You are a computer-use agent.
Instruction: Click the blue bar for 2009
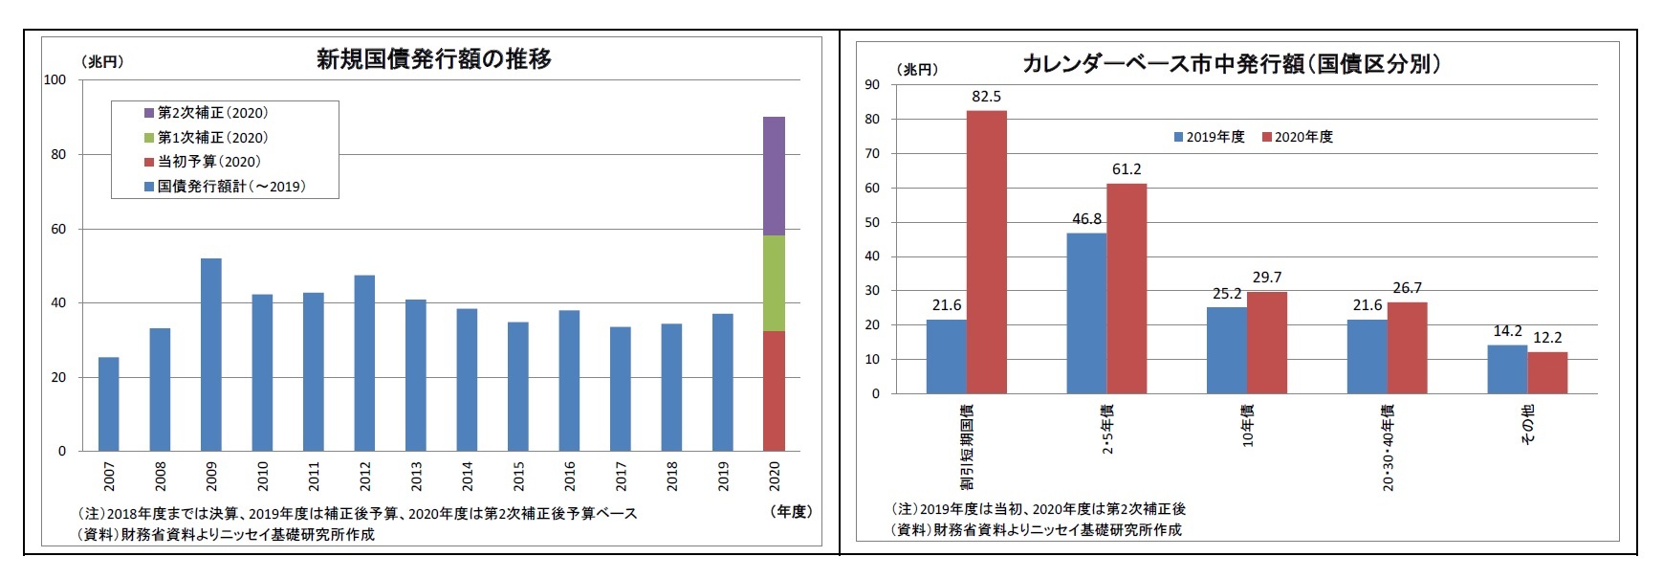click(x=210, y=354)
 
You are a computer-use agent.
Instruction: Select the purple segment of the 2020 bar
click(x=774, y=176)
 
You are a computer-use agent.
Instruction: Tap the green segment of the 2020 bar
click(x=774, y=283)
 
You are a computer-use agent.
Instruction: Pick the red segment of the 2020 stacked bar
click(x=774, y=390)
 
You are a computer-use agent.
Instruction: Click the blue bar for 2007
click(x=108, y=404)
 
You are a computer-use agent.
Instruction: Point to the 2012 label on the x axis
click(x=364, y=477)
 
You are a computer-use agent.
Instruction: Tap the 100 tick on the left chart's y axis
click(x=55, y=79)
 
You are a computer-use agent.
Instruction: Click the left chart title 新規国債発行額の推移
click(x=434, y=59)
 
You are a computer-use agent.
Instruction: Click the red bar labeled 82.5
click(x=986, y=252)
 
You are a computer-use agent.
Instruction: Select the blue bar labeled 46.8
click(x=1086, y=313)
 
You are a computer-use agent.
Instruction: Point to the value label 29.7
click(x=1266, y=278)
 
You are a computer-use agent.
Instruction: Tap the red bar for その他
click(x=1547, y=372)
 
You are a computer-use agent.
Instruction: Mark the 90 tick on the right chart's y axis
click(x=872, y=84)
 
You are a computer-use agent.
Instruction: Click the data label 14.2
click(x=1507, y=331)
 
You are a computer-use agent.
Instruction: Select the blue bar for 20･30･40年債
click(x=1367, y=356)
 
